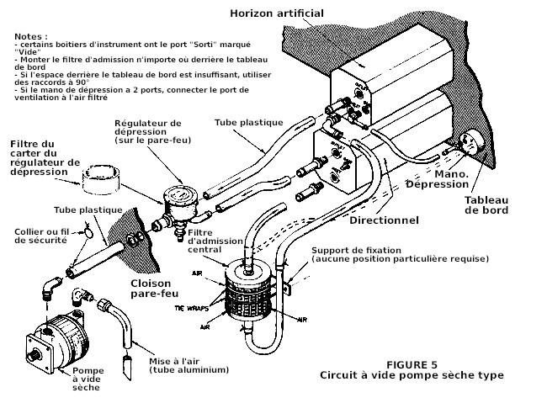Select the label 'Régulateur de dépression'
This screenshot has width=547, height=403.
[x=148, y=130]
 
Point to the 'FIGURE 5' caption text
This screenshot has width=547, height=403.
[x=409, y=363]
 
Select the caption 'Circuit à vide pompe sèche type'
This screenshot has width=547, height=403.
[x=411, y=375]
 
